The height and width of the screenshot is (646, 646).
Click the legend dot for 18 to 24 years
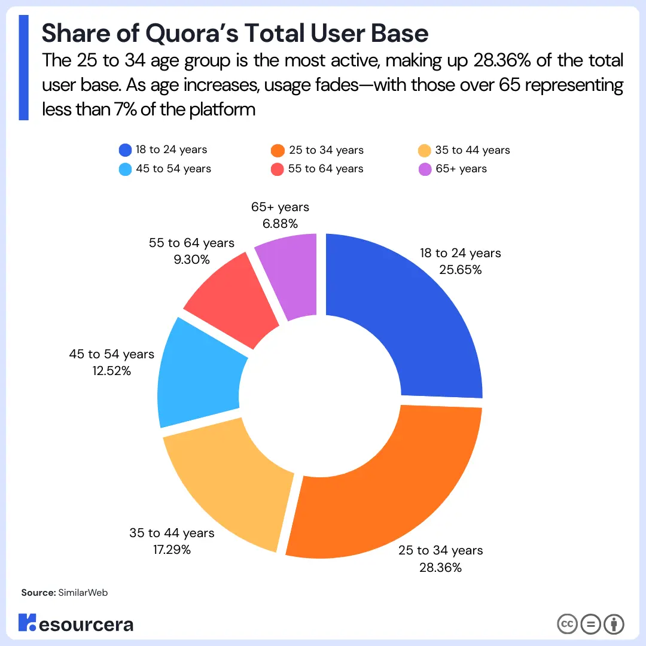126,150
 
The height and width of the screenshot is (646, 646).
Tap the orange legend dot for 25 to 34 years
278,150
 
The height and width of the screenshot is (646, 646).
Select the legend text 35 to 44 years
473,150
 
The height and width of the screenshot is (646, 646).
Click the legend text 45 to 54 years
173,169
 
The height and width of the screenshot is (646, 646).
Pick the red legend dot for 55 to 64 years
278,169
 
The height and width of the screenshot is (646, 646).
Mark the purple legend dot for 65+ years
425,169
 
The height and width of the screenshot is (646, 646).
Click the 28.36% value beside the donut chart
440,567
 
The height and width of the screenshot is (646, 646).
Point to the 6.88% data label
281,224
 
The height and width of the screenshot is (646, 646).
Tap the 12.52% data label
111,371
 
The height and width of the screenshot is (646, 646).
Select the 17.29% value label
171,549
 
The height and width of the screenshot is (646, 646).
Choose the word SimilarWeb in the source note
83,592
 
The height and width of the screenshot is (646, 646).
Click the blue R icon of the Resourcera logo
28,623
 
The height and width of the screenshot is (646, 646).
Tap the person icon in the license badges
614,624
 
